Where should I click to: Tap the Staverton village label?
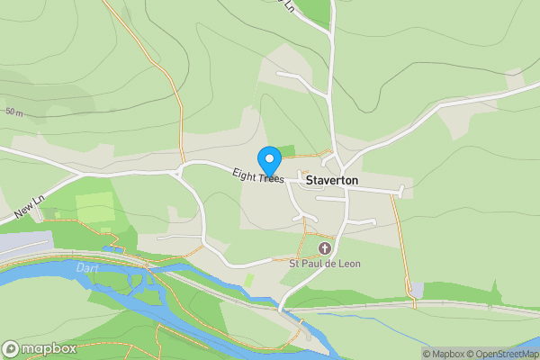[x=332, y=180]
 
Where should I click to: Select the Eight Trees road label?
[x=257, y=176]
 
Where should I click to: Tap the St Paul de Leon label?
[x=323, y=264]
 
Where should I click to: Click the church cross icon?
[x=324, y=247]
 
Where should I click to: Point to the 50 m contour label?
[x=13, y=112]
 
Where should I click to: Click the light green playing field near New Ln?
[x=95, y=207]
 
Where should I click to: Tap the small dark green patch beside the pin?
[x=287, y=150]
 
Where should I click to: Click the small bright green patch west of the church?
[x=248, y=281]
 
